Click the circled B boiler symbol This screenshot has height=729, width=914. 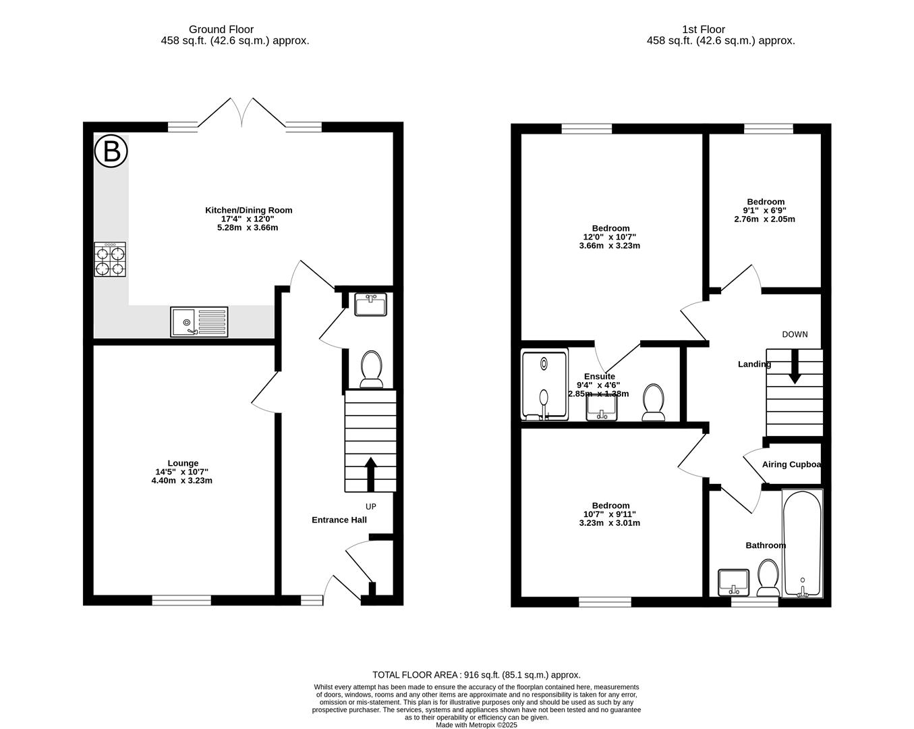[111, 151]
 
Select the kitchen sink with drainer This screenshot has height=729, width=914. [200, 322]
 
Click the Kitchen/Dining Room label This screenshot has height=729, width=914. [249, 210]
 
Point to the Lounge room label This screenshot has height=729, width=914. [183, 463]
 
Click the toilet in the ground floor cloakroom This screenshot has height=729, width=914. [371, 370]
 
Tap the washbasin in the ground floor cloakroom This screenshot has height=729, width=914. [370, 304]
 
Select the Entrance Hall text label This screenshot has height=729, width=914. [339, 520]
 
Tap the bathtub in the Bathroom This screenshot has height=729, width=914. [802, 544]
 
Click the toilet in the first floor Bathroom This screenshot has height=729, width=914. [768, 578]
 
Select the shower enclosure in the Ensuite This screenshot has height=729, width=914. [544, 384]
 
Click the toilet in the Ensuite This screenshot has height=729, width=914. [653, 402]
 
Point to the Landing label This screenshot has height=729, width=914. [754, 364]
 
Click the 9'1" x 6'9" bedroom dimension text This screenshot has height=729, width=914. [766, 211]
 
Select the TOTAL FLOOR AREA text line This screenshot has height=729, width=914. [476, 674]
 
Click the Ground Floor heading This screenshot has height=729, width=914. [221, 29]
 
